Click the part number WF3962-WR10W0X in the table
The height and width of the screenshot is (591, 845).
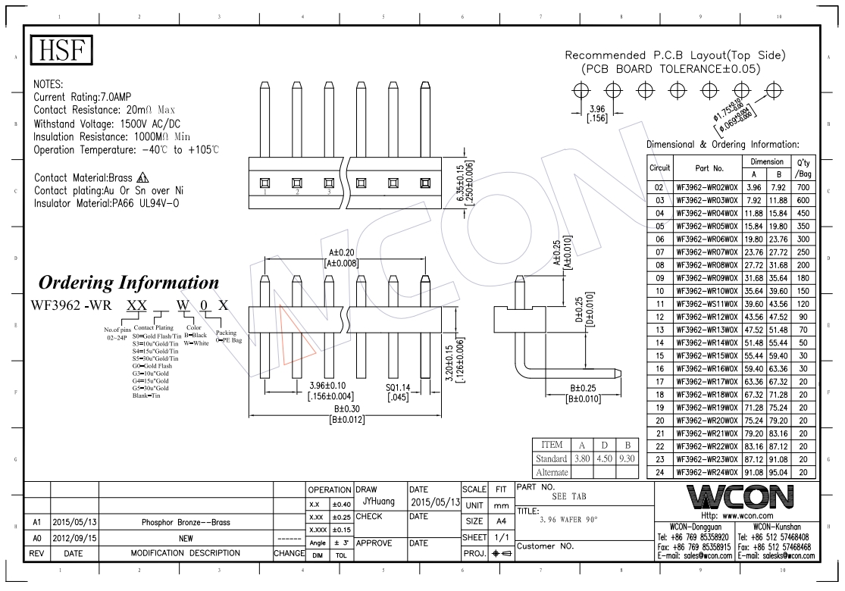pos(705,291)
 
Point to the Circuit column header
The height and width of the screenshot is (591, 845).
pos(659,168)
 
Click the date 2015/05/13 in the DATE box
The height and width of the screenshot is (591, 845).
pos(435,502)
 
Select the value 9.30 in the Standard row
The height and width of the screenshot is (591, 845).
pos(627,458)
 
